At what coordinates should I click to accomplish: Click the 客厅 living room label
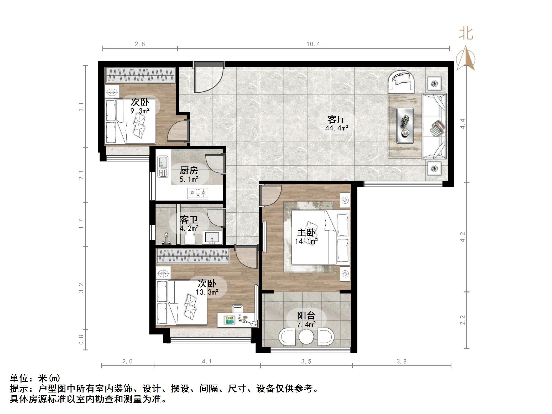point(336,119)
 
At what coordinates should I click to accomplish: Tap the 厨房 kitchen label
point(189,171)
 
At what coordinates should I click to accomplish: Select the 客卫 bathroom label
point(189,219)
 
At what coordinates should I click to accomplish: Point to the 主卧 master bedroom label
point(306,233)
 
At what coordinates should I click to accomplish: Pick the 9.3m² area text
point(140,111)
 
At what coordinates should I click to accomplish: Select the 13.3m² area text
point(207,292)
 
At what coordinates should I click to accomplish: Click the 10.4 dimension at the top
point(313,44)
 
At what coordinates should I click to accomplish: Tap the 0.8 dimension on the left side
point(81,340)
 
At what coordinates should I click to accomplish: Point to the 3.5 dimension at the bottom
point(306,361)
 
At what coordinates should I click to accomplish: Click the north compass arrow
point(466,58)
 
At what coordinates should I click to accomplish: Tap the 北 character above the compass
point(466,34)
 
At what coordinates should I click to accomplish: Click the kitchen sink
point(163,166)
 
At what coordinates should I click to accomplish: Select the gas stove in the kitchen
point(197,193)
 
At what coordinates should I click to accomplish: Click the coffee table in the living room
point(405,126)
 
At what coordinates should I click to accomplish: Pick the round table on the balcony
point(306,336)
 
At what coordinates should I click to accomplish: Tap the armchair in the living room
point(401,81)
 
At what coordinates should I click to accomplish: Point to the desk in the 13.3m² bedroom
point(237,320)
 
